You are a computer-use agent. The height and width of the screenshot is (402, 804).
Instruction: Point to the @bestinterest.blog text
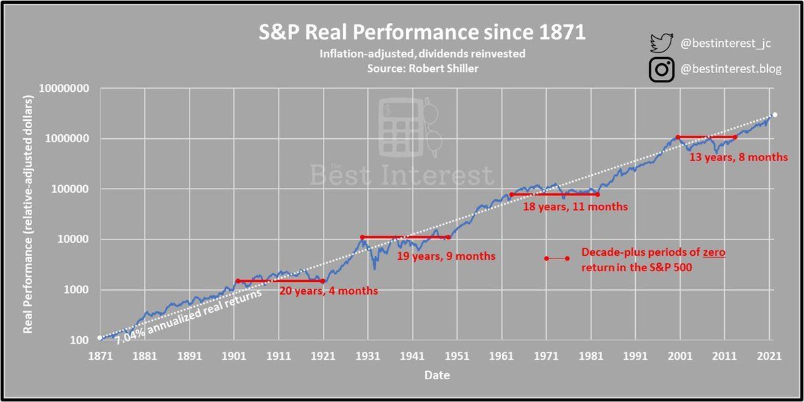[x=730, y=70]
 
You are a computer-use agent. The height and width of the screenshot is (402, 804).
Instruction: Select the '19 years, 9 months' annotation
[x=446, y=256]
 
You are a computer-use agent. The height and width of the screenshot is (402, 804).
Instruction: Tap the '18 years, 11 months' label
[x=575, y=207]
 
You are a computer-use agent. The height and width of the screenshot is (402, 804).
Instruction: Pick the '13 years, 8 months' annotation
[x=738, y=158]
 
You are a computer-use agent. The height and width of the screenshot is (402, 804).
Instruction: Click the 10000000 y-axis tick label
[x=66, y=88]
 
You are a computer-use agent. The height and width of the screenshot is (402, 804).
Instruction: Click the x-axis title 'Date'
[x=436, y=375]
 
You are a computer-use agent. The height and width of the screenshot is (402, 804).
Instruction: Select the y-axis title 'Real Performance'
[x=28, y=214]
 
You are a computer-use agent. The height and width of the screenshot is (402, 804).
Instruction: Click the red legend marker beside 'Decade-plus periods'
[x=556, y=258]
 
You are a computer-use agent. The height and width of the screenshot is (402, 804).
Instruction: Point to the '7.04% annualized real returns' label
[x=188, y=317]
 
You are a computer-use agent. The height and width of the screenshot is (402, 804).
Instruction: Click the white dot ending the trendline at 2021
[x=775, y=115]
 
